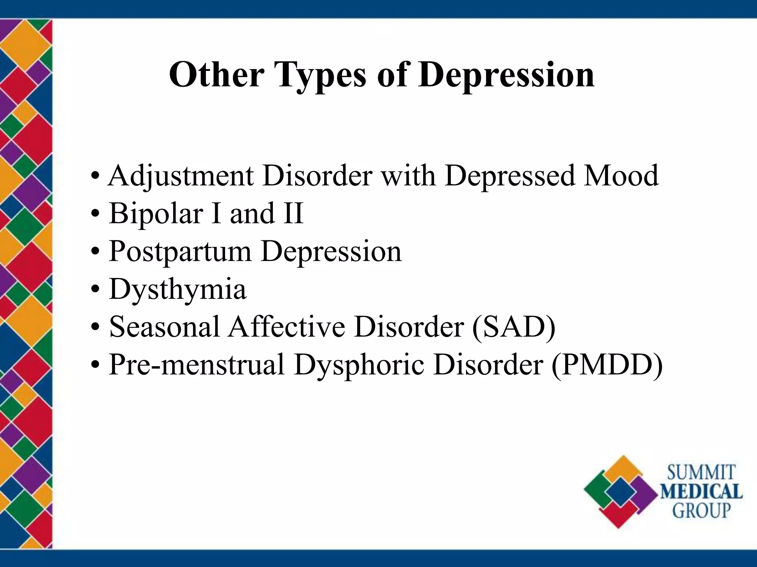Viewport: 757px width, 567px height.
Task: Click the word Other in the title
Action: pos(217,75)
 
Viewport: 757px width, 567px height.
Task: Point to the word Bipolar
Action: pos(156,214)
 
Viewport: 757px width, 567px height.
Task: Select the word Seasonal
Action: pos(164,327)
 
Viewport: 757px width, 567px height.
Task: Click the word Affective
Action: pos(286,327)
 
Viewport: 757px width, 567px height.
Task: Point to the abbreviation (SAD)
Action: pos(513,327)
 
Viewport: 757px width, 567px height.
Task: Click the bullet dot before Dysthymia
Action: pos(95,289)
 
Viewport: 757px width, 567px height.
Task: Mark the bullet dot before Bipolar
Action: pos(95,214)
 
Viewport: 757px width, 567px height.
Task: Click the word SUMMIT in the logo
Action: pos(701,473)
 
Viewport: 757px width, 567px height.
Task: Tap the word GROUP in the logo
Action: pos(701,511)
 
